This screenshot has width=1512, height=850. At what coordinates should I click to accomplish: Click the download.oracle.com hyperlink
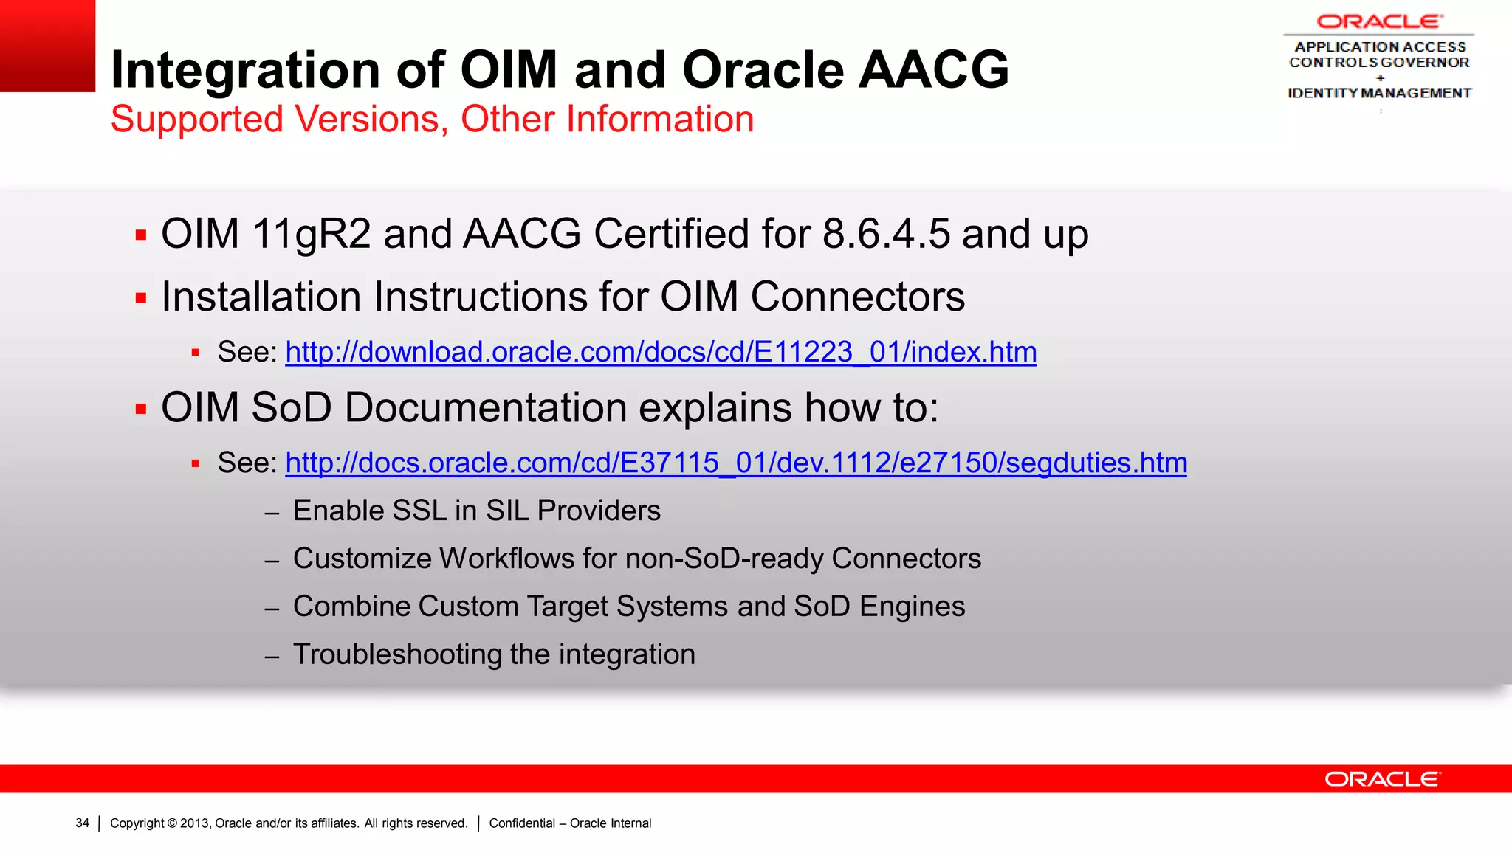[x=661, y=352]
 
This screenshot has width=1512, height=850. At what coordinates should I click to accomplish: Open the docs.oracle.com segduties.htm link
[x=736, y=463]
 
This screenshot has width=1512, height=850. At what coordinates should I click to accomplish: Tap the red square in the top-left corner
[x=47, y=46]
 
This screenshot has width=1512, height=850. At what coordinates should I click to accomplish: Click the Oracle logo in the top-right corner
[x=1379, y=21]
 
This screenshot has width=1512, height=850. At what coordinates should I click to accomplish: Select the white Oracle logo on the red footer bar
[x=1382, y=779]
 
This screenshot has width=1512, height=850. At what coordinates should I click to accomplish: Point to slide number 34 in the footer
[x=82, y=823]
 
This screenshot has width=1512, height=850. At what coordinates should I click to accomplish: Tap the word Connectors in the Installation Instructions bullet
[x=858, y=297]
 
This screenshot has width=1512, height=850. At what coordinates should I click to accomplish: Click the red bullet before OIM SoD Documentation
[x=141, y=409]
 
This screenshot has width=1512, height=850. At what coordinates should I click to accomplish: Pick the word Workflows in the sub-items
[x=506, y=559]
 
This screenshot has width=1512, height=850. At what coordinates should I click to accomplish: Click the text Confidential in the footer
[x=522, y=823]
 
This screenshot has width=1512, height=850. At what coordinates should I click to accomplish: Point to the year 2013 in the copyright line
[x=195, y=823]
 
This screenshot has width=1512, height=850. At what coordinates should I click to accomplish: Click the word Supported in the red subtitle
[x=196, y=120]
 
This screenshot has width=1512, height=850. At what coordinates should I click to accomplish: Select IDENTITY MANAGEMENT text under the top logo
[x=1379, y=93]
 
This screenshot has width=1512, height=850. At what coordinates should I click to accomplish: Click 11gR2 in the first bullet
[x=311, y=234]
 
